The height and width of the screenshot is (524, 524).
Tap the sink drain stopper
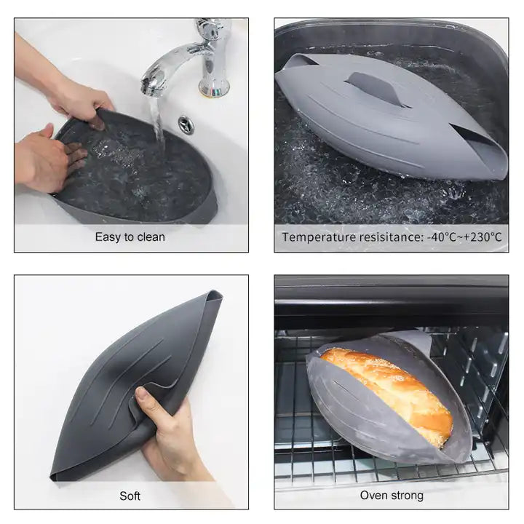click(x=186, y=125)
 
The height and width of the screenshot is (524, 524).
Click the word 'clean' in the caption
click(x=151, y=237)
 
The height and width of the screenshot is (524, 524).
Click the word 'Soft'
click(x=130, y=496)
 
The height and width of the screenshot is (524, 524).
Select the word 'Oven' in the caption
click(x=373, y=496)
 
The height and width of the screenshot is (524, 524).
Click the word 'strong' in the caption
click(x=407, y=496)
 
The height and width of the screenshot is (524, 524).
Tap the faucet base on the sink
click(x=214, y=87)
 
